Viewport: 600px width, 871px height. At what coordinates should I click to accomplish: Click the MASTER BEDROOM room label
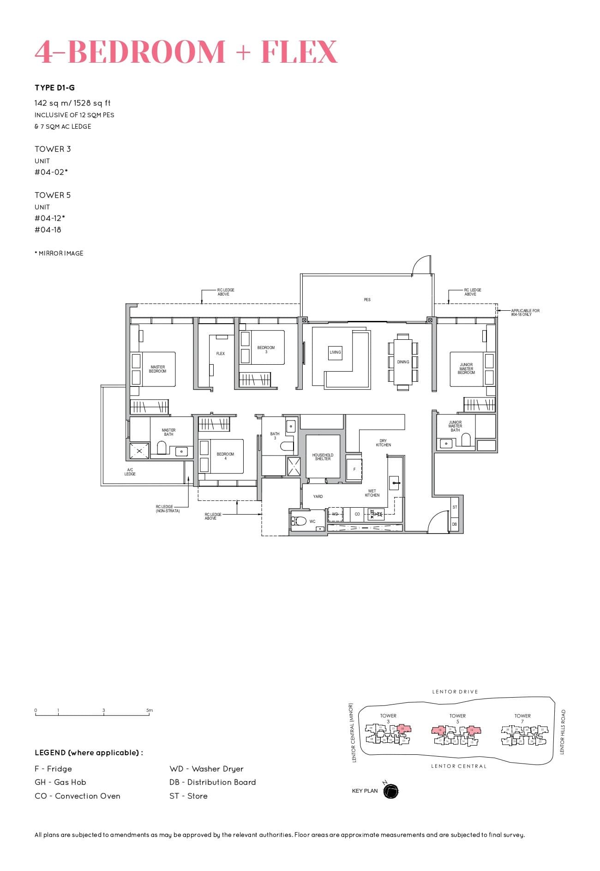coord(157,369)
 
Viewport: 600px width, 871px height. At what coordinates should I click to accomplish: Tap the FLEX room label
coord(221,354)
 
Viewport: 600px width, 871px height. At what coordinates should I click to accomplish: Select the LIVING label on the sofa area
coord(335,352)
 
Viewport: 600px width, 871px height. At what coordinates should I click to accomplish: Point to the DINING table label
coord(403,362)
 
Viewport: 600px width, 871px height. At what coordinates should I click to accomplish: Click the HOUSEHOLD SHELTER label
coord(323,456)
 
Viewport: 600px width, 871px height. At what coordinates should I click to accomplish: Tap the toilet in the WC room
coord(300,521)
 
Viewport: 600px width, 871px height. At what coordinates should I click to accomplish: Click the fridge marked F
coord(354,469)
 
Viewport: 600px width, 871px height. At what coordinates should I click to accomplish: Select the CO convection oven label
coord(357,514)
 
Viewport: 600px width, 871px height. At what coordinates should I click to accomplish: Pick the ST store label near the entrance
coord(455,507)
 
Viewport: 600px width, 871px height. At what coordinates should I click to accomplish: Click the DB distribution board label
coord(455,524)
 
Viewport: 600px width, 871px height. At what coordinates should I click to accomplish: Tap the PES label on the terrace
coord(367,300)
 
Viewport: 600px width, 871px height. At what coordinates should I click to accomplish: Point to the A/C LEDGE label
coord(130,472)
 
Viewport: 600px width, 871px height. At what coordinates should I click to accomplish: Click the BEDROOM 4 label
coord(225,456)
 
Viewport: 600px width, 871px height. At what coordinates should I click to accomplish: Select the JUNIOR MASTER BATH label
coord(455,426)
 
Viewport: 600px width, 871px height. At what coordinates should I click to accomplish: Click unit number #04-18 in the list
coord(48,230)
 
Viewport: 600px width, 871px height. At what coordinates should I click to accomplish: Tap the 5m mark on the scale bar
coord(149,711)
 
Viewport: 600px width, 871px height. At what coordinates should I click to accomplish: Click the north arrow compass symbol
coord(390,791)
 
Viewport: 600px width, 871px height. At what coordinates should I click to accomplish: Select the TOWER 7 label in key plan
coord(522,718)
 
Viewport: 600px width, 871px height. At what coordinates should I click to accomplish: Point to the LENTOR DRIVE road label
coord(455,692)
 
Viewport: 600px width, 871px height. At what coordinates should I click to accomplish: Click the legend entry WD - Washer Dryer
coord(206,769)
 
